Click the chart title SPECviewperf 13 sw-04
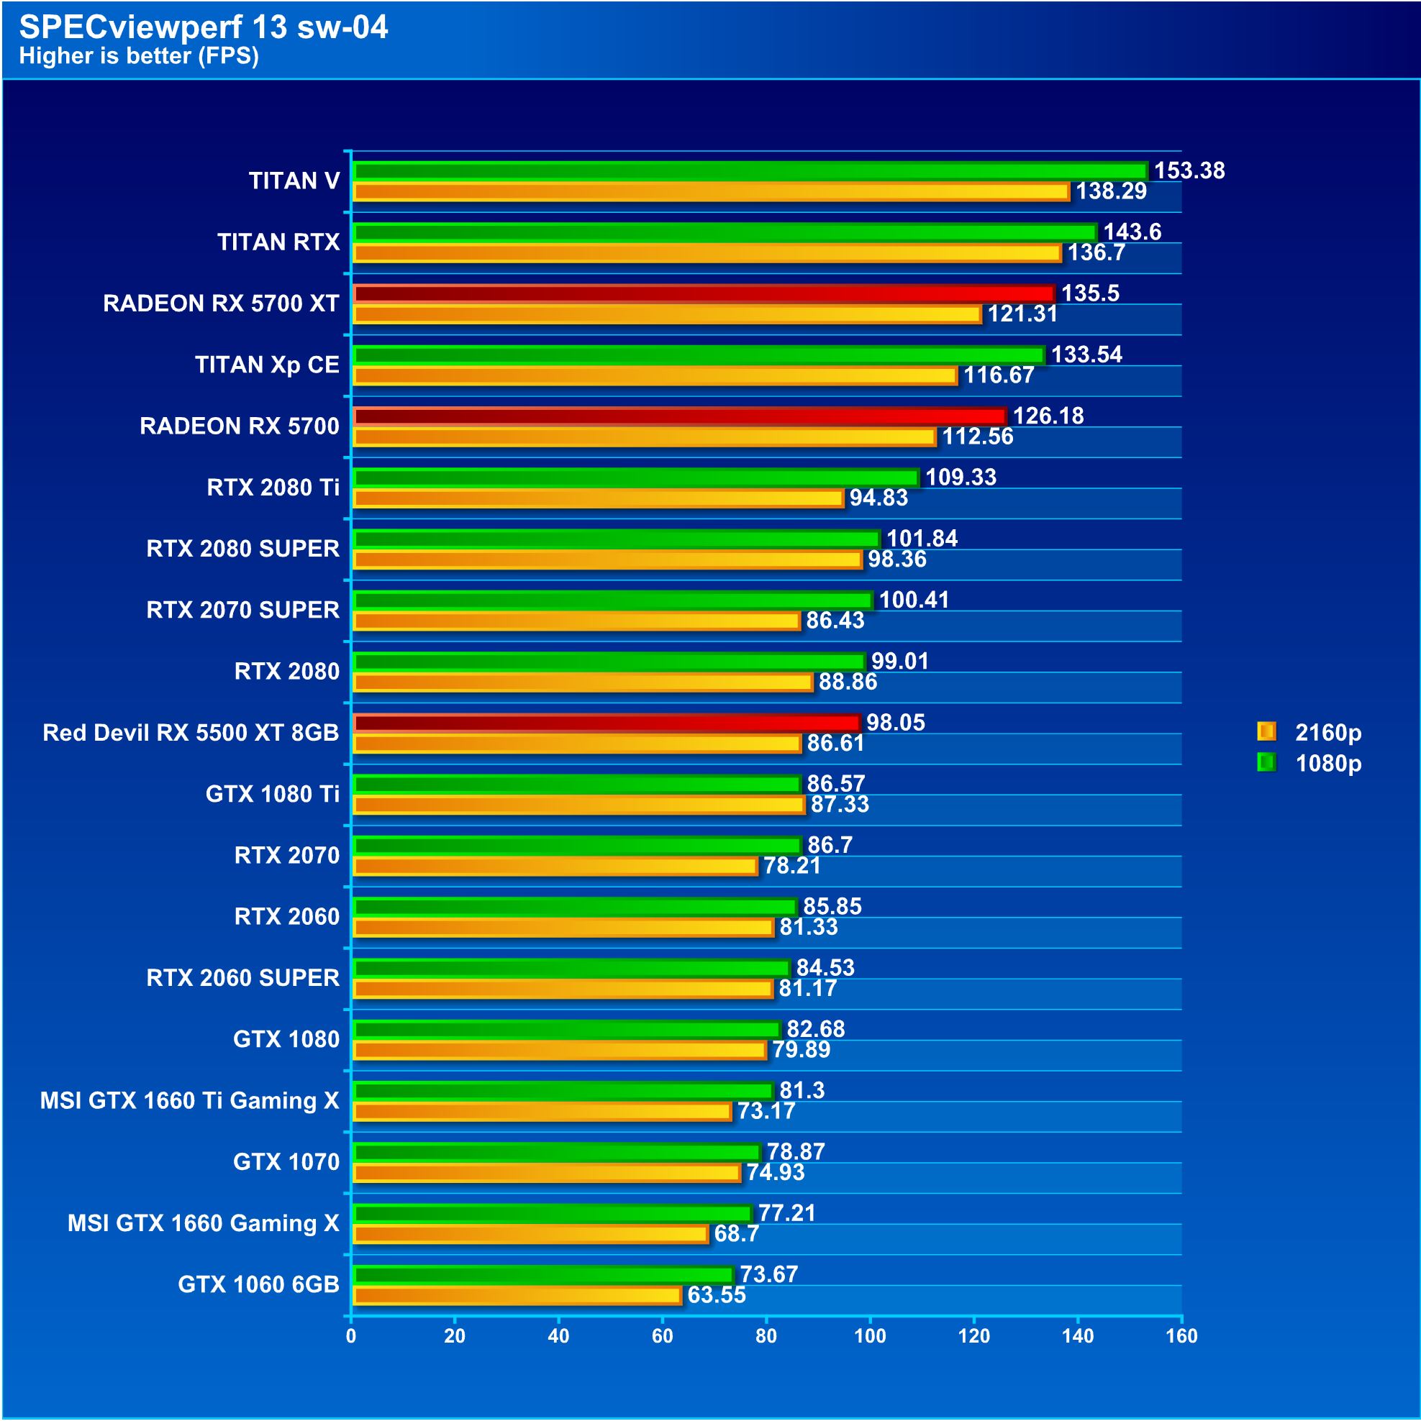[x=203, y=27]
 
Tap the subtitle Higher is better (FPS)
[x=138, y=56]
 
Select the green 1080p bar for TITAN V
[x=749, y=171]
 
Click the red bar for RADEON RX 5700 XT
[x=703, y=294]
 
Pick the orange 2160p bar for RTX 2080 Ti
[x=598, y=498]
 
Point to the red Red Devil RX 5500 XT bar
[x=606, y=723]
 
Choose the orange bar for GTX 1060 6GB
[x=517, y=1296]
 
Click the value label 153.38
[x=1189, y=170]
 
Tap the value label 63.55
[x=716, y=1295]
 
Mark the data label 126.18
[x=1048, y=416]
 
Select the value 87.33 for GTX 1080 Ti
[x=840, y=805]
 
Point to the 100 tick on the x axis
[x=870, y=1336]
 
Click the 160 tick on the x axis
[x=1181, y=1336]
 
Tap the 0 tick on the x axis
[x=351, y=1336]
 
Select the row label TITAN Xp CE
[x=267, y=365]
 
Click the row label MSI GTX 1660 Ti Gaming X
[x=189, y=1100]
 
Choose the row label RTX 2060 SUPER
[x=243, y=977]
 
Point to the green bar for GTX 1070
[x=555, y=1153]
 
